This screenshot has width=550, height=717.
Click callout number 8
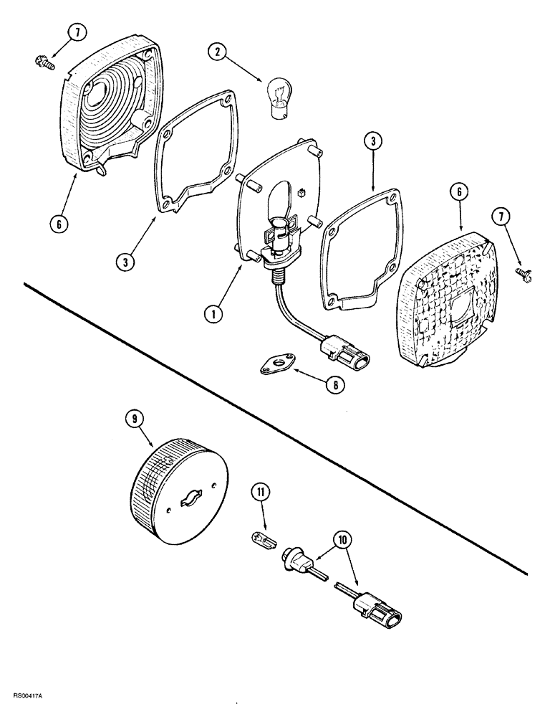click(333, 385)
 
